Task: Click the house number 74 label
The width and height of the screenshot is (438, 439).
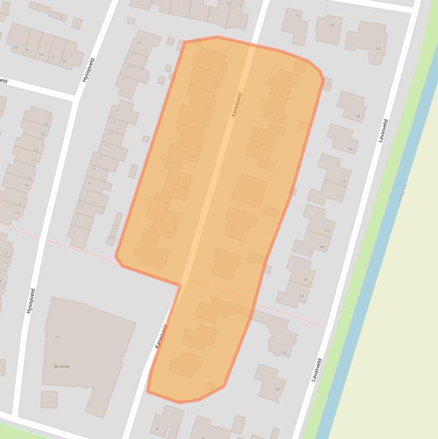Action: (228, 3)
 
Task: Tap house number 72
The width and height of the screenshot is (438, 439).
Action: (239, 6)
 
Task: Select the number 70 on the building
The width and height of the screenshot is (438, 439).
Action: (297, 15)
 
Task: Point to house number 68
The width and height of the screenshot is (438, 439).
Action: (331, 25)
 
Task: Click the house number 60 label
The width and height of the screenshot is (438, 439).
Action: (378, 48)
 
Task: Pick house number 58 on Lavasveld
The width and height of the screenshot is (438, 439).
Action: (357, 116)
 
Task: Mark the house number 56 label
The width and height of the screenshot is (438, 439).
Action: (350, 149)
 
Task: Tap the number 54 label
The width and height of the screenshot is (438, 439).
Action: (343, 181)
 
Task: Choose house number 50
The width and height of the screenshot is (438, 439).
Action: (326, 230)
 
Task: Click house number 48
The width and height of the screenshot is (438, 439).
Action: (322, 247)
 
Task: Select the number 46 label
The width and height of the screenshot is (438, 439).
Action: (305, 279)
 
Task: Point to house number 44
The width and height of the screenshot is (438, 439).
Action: (301, 295)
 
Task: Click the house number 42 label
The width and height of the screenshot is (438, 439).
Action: (285, 352)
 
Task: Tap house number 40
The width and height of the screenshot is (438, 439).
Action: (277, 389)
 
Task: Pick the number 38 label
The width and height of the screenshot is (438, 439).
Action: (15, 48)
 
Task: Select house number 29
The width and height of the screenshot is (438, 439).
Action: (138, 43)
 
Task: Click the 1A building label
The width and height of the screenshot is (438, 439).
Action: (56, 337)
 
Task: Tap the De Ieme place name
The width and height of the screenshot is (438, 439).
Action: (62, 366)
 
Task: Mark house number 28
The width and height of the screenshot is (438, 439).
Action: (44, 125)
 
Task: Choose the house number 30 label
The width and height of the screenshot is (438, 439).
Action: (64, 62)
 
